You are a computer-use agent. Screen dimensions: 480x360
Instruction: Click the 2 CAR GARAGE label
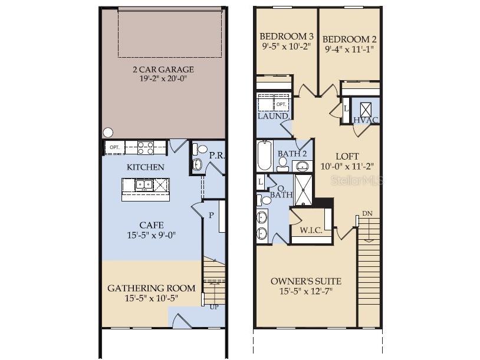click(x=163, y=70)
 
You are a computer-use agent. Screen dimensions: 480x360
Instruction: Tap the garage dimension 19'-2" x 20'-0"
click(x=163, y=78)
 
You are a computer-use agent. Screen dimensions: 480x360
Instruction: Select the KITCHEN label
click(x=146, y=167)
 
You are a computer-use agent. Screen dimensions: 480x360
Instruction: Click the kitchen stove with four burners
click(x=146, y=148)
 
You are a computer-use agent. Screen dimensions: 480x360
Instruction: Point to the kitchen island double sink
click(x=144, y=185)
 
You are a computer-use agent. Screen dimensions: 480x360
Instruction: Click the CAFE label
click(x=151, y=226)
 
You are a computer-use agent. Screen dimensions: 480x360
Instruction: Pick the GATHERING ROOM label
click(x=151, y=288)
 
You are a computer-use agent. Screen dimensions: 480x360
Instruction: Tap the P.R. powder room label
click(x=217, y=156)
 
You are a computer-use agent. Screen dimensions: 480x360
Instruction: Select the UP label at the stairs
click(x=214, y=307)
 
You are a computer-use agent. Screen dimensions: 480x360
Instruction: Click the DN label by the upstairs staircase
click(x=367, y=213)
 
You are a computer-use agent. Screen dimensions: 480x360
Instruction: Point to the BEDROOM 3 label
click(x=287, y=37)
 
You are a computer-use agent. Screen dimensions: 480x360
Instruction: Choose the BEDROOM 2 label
click(x=349, y=39)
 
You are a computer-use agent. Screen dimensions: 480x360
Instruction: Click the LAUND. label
click(x=274, y=116)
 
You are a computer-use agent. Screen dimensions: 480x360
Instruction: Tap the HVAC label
click(x=366, y=120)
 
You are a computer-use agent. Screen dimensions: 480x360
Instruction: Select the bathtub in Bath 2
click(x=265, y=156)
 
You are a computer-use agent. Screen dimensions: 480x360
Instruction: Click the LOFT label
click(x=347, y=157)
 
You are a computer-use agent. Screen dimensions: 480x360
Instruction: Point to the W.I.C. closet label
click(x=311, y=230)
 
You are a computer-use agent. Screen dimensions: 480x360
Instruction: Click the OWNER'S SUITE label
click(x=306, y=282)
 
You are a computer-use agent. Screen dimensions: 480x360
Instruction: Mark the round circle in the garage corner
click(x=108, y=133)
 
